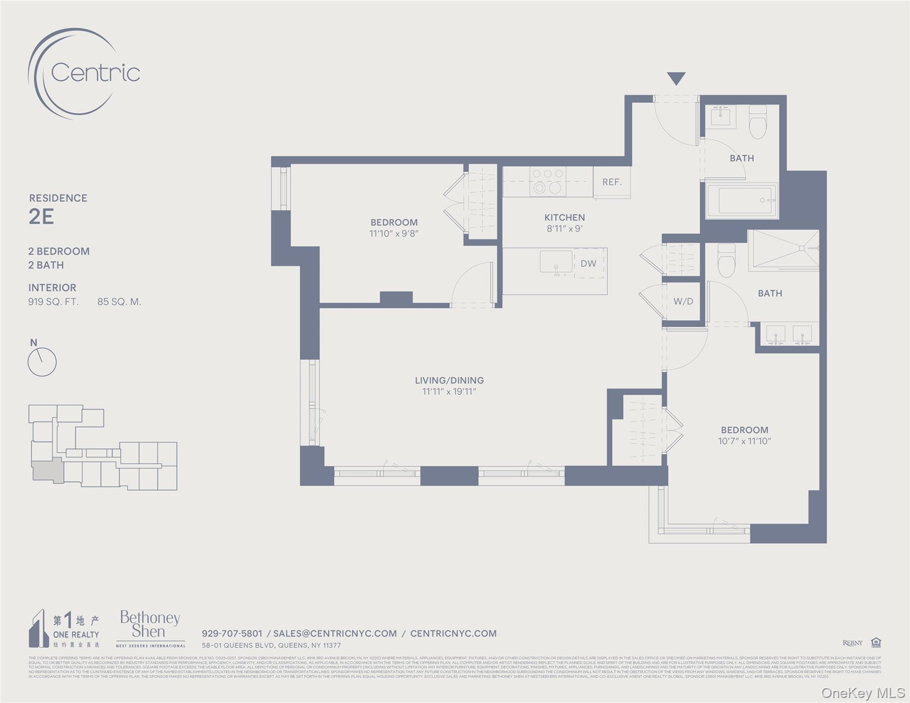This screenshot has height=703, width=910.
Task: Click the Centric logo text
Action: point(95,73)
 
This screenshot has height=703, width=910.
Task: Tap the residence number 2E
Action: point(41,216)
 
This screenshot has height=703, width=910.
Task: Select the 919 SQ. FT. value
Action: point(53,302)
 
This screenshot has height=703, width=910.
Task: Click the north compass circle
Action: point(42,362)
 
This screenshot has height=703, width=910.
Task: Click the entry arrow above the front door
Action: point(676,78)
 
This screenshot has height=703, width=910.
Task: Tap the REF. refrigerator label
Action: point(612,182)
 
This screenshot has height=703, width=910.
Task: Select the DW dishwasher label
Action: point(589,264)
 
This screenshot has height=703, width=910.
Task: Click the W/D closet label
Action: point(683,302)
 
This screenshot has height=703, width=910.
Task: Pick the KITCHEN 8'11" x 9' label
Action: point(564,223)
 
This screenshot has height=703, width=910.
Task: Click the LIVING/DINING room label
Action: point(449,380)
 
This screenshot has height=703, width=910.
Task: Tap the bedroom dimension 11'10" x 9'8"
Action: point(394,233)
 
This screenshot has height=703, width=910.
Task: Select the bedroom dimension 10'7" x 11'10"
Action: point(744,441)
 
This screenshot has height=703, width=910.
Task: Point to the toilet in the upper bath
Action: point(757,122)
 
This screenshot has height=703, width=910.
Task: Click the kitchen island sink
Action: point(556,262)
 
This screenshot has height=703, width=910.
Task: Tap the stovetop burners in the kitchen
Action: point(548,181)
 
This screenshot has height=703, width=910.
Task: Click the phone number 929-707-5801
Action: point(232,633)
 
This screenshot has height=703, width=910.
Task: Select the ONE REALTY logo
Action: point(64,628)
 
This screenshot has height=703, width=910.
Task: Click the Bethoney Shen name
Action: point(150,625)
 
